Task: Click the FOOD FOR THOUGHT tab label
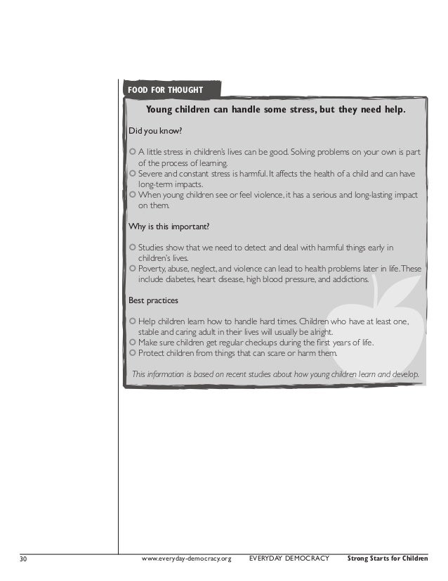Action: [166, 90]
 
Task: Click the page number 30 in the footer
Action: [23, 559]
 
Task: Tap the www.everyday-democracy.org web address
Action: [186, 559]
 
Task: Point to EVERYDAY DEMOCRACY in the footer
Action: [289, 559]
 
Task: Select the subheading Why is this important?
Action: [169, 226]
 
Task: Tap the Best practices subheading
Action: [153, 300]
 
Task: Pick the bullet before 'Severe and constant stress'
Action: [133, 173]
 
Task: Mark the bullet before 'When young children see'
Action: [133, 195]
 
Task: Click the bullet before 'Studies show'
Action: [133, 248]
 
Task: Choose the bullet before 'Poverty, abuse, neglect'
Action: [133, 269]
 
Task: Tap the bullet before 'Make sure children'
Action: [133, 343]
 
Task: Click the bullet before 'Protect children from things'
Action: [133, 353]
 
